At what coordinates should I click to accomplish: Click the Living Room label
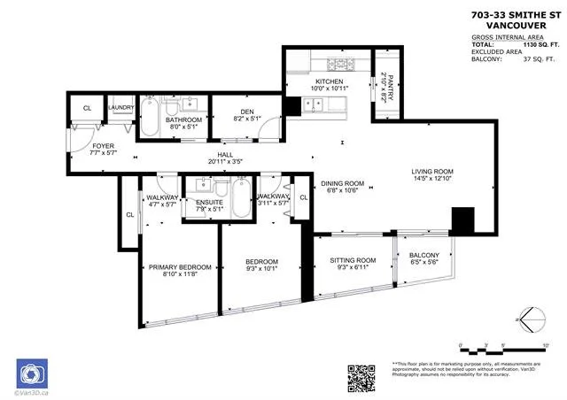tap(431, 172)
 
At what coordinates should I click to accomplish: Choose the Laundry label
tap(120, 109)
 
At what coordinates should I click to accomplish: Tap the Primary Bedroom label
tap(180, 267)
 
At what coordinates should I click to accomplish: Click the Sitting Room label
tap(352, 261)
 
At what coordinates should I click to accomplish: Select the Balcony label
tap(424, 256)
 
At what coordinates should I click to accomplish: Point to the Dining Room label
tap(343, 183)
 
